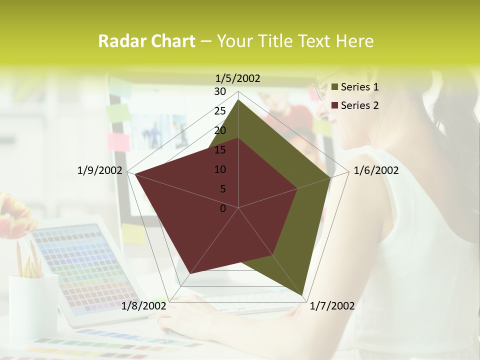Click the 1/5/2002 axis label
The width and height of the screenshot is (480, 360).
[x=238, y=78]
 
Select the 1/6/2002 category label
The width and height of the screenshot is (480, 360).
[x=376, y=170]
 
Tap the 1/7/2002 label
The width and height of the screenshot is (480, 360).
[x=332, y=306]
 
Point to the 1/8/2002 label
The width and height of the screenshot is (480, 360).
[x=144, y=306]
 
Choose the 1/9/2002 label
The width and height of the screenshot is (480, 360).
[x=100, y=170]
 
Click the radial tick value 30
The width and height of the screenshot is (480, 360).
[x=220, y=91]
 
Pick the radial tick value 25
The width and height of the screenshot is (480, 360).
[x=220, y=111]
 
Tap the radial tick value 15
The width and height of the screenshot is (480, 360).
[x=220, y=150]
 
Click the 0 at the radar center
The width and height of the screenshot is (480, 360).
[x=223, y=208]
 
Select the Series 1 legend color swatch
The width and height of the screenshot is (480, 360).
[x=335, y=87]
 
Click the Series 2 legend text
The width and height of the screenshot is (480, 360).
[x=359, y=105]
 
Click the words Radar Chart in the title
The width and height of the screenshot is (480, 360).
[x=146, y=41]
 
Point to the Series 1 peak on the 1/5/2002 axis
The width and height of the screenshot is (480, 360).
[x=238, y=99]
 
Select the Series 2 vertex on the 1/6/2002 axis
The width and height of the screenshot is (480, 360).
[x=297, y=188]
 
